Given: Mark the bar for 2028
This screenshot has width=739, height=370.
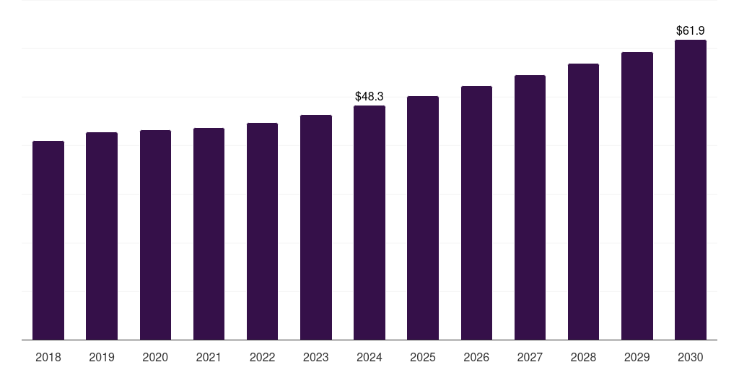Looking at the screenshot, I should tap(583, 202).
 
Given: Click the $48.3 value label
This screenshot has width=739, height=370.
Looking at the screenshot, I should tap(369, 96).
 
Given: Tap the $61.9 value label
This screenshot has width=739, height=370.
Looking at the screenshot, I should tap(691, 30).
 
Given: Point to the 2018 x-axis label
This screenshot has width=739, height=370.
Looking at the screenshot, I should tap(48, 357).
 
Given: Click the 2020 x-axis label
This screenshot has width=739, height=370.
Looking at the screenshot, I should tap(155, 357).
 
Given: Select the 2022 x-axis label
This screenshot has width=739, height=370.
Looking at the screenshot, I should tap(262, 357).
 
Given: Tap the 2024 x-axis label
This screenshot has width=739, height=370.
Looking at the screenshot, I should tap(369, 357).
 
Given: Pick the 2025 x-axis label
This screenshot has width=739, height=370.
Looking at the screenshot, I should tap(423, 357).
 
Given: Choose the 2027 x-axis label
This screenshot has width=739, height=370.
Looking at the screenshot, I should tap(530, 357).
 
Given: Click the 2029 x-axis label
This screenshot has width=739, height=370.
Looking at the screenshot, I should tap(637, 357).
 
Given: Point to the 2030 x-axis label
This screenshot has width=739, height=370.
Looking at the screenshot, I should tap(691, 357).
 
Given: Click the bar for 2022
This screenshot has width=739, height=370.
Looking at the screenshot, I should tap(262, 231).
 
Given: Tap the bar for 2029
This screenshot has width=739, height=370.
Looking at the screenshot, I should tap(637, 196).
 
